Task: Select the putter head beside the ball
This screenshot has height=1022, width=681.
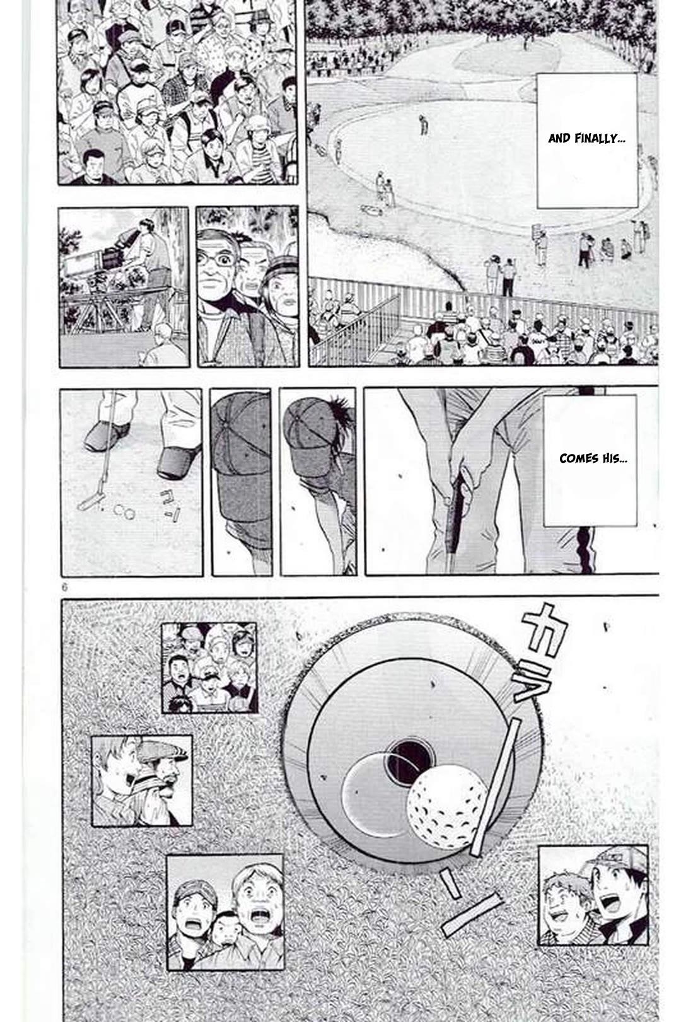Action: click(x=91, y=502)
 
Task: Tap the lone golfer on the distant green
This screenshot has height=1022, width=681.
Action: click(x=424, y=124)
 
